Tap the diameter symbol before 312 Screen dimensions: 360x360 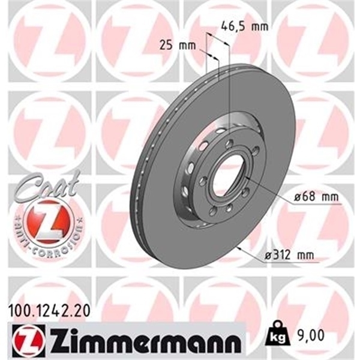coord(268,257)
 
